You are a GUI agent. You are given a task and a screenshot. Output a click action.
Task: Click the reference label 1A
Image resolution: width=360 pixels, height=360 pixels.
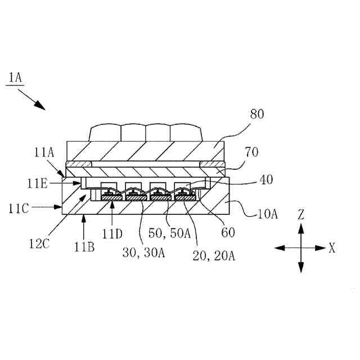point(15,77)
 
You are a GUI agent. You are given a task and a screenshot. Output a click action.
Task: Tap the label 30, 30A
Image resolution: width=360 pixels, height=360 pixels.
point(143,253)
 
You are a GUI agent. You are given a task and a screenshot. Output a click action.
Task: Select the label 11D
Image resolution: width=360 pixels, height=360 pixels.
point(112,232)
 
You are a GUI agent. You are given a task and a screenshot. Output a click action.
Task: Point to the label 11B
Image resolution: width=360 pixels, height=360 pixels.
point(84,246)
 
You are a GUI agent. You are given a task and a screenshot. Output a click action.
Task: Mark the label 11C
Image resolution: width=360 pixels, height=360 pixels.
point(19,207)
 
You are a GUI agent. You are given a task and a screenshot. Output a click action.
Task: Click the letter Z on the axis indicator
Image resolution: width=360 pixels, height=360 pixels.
point(301,214)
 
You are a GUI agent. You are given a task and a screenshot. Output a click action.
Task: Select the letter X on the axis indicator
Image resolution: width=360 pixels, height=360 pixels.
point(332,247)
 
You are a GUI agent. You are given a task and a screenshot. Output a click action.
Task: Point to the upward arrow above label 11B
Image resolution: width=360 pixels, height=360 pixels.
point(84,220)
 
